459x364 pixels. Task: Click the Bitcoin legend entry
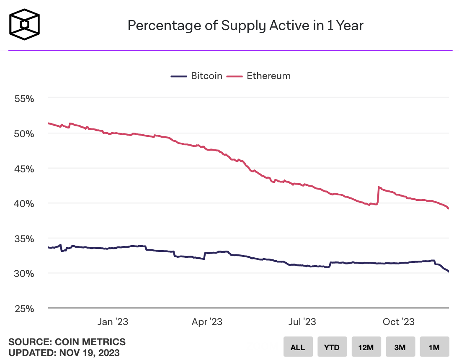click(x=197, y=76)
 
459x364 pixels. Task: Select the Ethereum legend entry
click(x=259, y=76)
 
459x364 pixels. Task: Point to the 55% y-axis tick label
click(x=24, y=99)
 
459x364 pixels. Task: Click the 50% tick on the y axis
click(x=24, y=134)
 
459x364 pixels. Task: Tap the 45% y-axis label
click(x=24, y=169)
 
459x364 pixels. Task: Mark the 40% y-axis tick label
click(x=24, y=204)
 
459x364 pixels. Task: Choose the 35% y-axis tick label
click(x=24, y=239)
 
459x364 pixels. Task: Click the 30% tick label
click(x=24, y=274)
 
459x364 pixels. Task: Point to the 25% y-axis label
click(x=24, y=309)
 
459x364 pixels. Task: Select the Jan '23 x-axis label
click(x=113, y=322)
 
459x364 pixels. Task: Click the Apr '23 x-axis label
click(x=207, y=322)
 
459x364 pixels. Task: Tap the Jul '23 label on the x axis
click(x=302, y=322)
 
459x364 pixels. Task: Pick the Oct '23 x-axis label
click(x=399, y=322)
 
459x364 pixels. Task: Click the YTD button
click(x=332, y=347)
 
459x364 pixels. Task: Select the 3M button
click(x=400, y=347)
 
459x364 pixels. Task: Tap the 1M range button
click(x=434, y=347)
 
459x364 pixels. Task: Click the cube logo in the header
click(x=25, y=25)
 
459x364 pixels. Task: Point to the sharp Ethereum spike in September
click(x=379, y=188)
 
